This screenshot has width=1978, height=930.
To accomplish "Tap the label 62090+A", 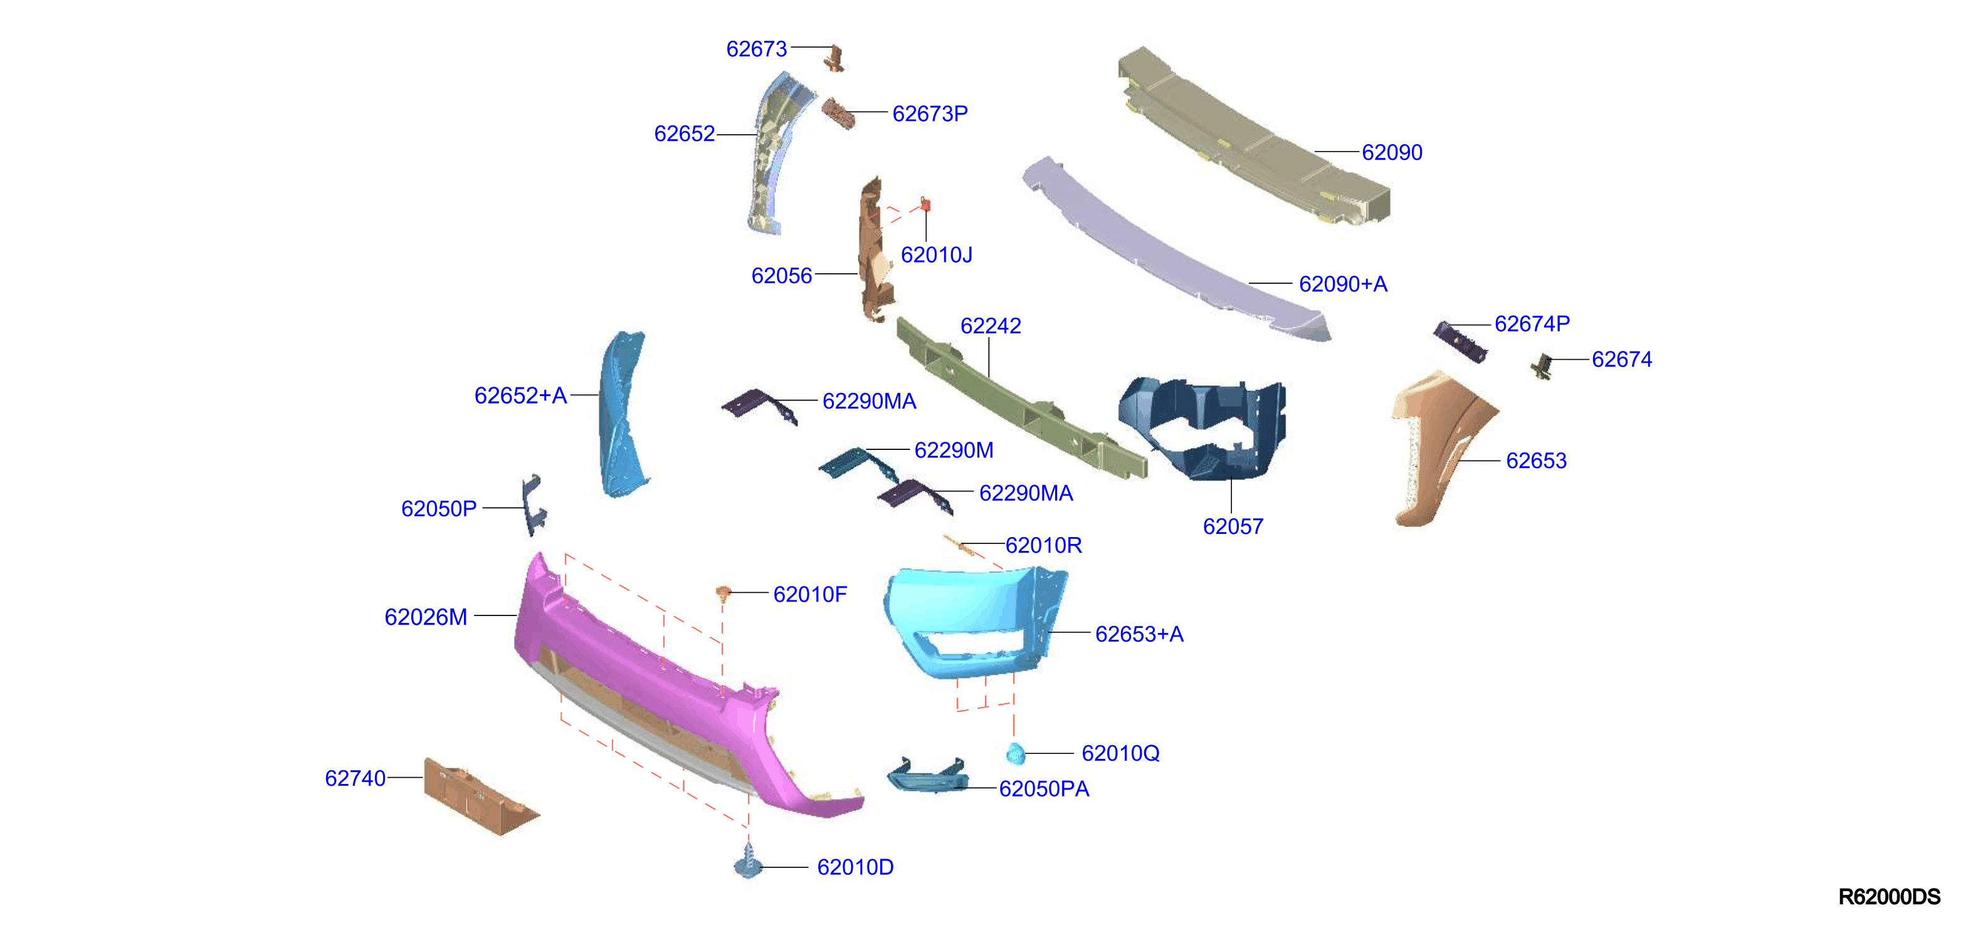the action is (x=1343, y=285).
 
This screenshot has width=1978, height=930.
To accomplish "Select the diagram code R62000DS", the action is (x=1889, y=896).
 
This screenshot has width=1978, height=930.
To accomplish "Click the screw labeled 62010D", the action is (x=748, y=862).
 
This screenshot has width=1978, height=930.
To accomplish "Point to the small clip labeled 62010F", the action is (x=723, y=592).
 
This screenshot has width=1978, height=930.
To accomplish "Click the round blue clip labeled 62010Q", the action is (x=1015, y=753).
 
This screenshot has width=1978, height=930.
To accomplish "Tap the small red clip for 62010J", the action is (x=925, y=205).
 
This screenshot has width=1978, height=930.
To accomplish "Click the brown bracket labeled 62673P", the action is (x=838, y=113).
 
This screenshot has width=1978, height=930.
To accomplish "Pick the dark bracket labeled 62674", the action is (x=1542, y=365).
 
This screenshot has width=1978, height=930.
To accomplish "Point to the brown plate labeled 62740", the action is (x=481, y=797).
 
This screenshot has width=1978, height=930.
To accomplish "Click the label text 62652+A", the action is (x=520, y=396).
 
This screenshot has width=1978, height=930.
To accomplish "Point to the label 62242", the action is (x=991, y=326).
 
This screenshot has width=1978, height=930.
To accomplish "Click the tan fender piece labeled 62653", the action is (x=1436, y=449).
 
